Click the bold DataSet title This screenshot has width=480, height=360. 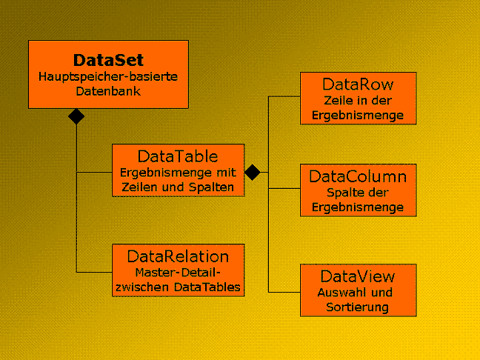click(108, 60)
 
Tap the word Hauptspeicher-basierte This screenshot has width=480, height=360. click(108, 76)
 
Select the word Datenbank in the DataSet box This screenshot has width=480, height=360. click(108, 91)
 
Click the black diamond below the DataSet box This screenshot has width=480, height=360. click(76, 116)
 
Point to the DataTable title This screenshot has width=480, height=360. click(178, 156)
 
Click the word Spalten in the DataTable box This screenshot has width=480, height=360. click(211, 187)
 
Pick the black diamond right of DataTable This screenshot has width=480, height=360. click(253, 172)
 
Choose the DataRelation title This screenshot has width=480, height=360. click(178, 256)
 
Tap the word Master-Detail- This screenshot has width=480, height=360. click(178, 272)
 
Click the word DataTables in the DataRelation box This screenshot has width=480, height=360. click(207, 287)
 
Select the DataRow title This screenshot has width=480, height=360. click(358, 84)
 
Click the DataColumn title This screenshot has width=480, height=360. click(358, 176)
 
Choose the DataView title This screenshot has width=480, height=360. click(358, 276)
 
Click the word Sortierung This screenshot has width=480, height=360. click(357, 307)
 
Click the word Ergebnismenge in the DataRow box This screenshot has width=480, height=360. click(358, 116)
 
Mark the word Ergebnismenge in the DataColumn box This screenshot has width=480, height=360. click(358, 207)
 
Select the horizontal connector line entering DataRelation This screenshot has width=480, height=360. click(94, 272)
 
